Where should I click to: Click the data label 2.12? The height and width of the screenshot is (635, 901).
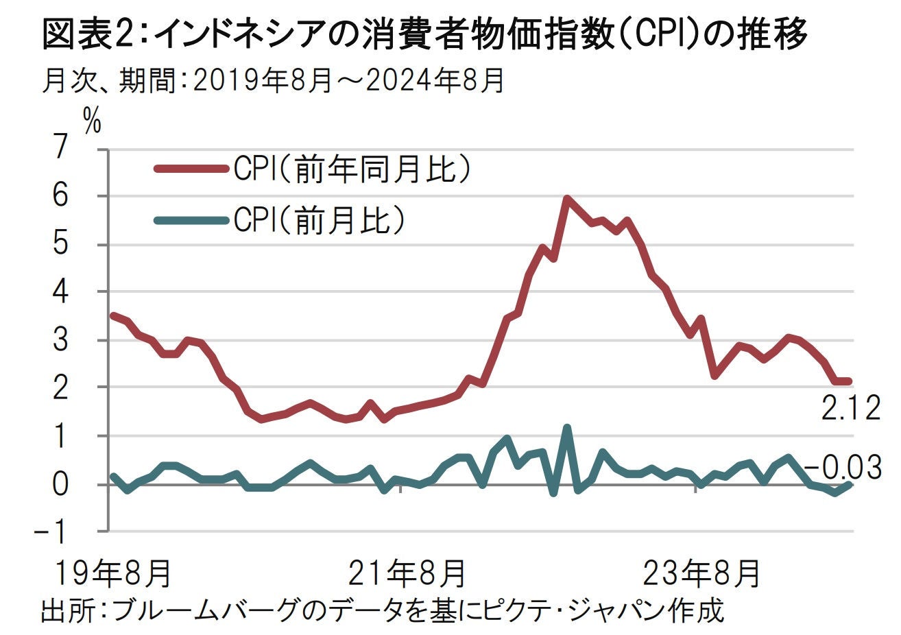coord(850,410)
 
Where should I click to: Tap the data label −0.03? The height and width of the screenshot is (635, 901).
coord(843,468)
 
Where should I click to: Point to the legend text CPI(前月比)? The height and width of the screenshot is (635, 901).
coord(319,220)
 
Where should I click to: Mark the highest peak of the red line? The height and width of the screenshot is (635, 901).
coord(567,198)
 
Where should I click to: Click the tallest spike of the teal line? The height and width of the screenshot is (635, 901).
coord(567,427)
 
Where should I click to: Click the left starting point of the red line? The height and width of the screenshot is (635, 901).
coord(112,315)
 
